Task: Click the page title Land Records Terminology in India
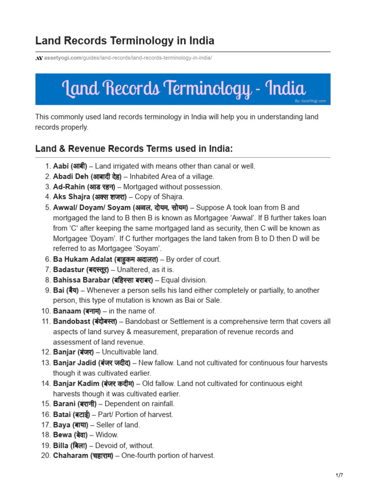(124, 41)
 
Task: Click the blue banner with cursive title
(183, 89)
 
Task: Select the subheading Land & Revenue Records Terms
(134, 149)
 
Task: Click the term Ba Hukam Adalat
(83, 259)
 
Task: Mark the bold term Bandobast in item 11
(71, 322)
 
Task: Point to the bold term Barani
(64, 404)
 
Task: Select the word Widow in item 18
(107, 435)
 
